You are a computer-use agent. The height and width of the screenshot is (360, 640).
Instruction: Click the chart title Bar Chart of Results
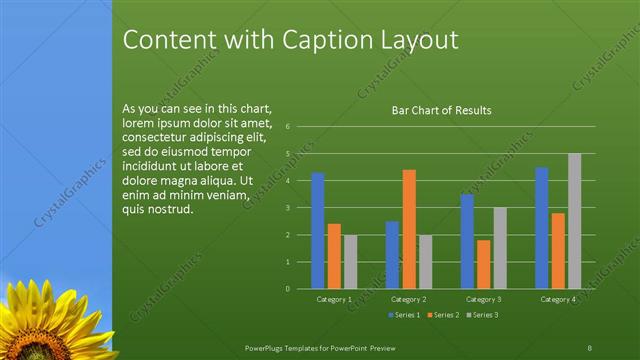coord(440,110)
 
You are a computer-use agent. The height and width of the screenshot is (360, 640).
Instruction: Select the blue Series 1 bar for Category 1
coord(318,231)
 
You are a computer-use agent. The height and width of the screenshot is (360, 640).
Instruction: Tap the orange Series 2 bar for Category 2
coord(409,229)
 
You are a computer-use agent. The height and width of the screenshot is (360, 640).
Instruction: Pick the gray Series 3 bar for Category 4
coord(574,221)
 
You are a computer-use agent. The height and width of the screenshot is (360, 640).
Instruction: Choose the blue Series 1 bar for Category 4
coord(542,228)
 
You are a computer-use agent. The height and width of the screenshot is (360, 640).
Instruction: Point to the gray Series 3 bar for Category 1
coord(350,262)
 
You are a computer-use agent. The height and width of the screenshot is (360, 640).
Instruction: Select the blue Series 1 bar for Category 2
coord(392,255)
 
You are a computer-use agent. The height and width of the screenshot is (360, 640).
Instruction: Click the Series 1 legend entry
coord(404,315)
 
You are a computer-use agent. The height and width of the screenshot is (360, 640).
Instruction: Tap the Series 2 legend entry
coord(443,315)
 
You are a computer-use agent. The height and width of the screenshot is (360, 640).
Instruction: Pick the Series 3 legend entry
coord(482,315)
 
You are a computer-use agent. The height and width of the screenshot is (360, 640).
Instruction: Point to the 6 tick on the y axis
coord(287,127)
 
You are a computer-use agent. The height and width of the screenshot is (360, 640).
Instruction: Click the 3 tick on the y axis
coord(287,208)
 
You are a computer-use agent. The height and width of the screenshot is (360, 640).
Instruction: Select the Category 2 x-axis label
coord(408,299)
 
